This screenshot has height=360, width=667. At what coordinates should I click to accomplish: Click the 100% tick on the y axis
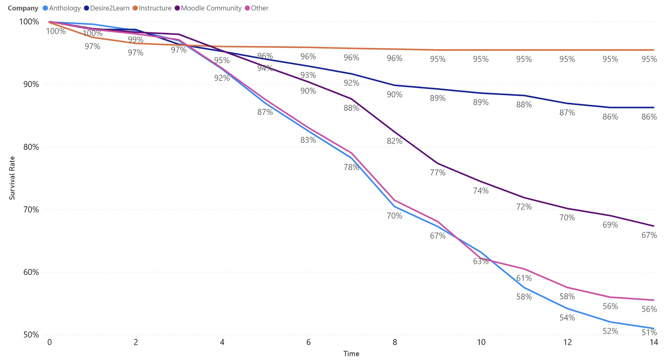29,22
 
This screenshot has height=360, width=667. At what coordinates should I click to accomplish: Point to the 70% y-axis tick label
31,209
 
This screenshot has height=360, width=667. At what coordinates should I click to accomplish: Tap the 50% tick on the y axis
31,335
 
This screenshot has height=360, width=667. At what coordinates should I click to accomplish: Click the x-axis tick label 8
395,342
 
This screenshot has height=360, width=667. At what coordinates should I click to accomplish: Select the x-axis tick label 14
654,342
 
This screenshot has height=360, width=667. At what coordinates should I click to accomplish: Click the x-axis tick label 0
49,342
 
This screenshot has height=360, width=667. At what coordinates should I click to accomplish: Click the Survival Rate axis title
12,178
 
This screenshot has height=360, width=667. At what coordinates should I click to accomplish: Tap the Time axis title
351,354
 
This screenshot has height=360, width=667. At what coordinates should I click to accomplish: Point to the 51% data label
649,332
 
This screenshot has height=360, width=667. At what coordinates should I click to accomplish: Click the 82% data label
395,141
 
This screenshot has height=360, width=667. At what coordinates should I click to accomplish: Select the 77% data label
438,172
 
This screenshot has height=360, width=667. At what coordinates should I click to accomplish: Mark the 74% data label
481,191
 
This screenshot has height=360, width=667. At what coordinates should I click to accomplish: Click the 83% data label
308,140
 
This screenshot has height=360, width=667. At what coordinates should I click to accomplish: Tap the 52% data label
610,331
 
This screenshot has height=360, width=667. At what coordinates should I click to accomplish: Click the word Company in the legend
23,8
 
